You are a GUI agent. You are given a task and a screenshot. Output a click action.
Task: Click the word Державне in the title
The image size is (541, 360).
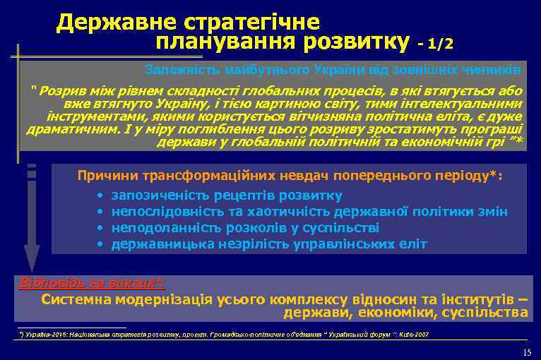click(113, 23)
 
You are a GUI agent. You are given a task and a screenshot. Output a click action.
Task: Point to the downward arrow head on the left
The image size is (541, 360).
click(32, 258)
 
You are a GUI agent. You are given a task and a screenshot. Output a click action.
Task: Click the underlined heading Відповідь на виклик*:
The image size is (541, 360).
click(91, 284)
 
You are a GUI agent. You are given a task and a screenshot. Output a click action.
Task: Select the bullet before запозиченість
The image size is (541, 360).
click(100, 196)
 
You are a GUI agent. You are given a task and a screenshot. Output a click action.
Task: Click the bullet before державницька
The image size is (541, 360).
click(100, 244)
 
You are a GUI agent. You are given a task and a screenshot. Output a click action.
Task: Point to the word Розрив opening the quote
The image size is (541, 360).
click(61, 91)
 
